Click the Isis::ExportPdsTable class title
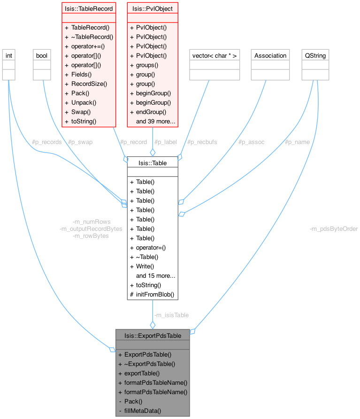(x=153, y=335)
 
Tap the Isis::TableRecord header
(x=89, y=8)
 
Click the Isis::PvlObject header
(x=153, y=8)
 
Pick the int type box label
(x=8, y=55)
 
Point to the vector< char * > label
(x=214, y=55)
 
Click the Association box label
(x=270, y=55)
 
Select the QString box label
(x=315, y=55)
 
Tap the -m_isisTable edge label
(x=171, y=315)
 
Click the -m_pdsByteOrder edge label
(x=334, y=229)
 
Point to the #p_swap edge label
(x=80, y=142)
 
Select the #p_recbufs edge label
(x=202, y=142)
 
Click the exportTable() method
(x=142, y=373)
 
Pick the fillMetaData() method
(x=143, y=411)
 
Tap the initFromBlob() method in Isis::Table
(x=155, y=294)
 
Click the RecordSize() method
(x=89, y=84)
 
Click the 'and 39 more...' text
(x=156, y=121)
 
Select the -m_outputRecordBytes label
(x=91, y=229)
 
